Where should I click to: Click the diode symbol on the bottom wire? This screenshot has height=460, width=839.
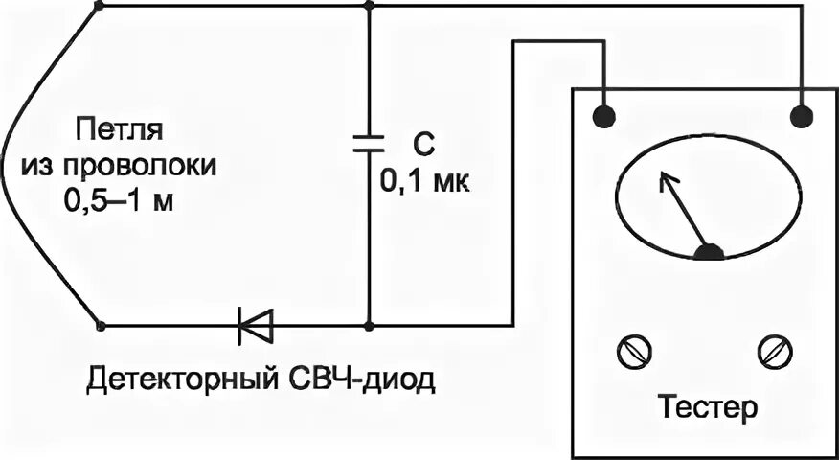coord(256,327)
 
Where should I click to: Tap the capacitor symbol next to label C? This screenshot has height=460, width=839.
coord(369,144)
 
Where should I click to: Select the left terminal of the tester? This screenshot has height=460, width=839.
coord(603,117)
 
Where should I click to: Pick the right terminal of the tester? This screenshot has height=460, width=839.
coord(801,117)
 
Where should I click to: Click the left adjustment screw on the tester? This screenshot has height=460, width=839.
coord(631,352)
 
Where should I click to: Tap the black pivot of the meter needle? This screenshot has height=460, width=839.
coord(709,252)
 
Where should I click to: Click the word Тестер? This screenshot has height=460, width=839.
coord(708,406)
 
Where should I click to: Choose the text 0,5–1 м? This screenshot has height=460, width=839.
coord(120,202)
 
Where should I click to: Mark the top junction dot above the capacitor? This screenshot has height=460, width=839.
coord(369,5)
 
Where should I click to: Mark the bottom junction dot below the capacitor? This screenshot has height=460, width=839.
coord(369,327)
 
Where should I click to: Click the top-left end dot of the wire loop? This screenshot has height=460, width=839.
coord(101,5)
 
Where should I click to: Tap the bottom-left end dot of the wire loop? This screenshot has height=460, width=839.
coord(101,327)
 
